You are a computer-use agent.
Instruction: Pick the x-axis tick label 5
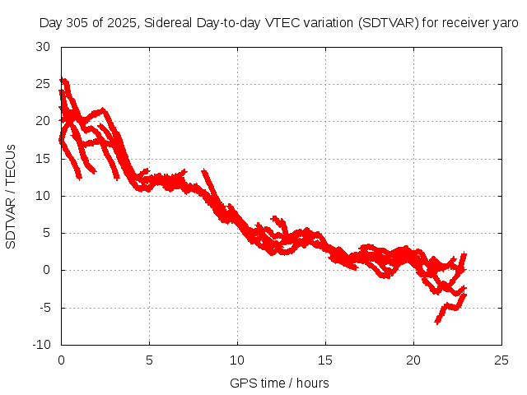point(149,360)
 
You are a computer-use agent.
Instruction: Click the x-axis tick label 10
point(237,360)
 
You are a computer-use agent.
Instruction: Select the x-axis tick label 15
point(325,360)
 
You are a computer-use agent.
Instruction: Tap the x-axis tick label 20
point(413,360)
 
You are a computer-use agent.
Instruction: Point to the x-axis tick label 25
point(501,360)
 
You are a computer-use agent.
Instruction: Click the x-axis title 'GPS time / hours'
point(281,383)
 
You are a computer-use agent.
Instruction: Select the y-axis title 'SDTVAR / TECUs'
point(12,195)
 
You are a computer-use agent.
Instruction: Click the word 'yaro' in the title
point(504,23)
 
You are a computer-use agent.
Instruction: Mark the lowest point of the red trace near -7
point(437,322)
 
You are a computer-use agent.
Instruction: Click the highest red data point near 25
point(63,80)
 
